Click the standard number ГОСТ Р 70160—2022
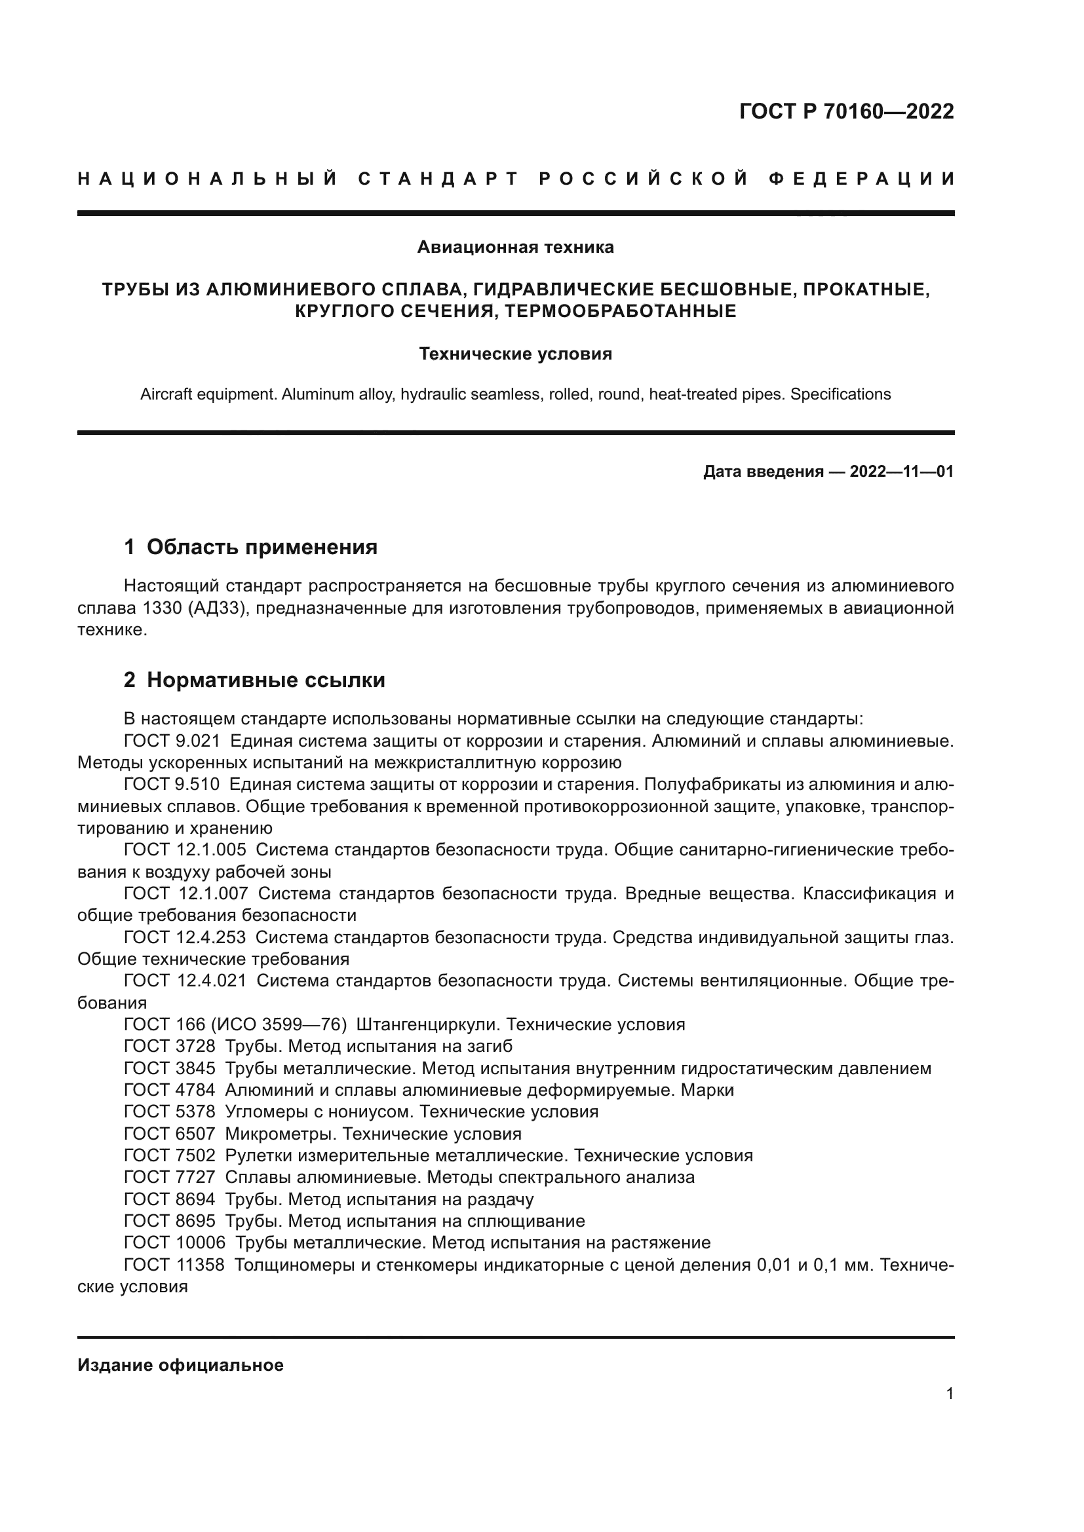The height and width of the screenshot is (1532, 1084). tap(845, 111)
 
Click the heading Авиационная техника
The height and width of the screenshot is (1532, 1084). tap(514, 248)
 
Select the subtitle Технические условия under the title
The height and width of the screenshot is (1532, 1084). tap(514, 354)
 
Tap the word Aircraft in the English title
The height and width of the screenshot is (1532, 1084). tap(167, 394)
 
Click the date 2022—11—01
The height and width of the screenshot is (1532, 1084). tap(901, 472)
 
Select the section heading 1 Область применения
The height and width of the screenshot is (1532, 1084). tap(250, 547)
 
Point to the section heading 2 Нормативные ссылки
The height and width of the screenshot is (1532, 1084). tap(254, 680)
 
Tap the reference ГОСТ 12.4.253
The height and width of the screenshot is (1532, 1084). tap(185, 937)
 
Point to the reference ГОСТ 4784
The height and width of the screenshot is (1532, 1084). tap(170, 1091)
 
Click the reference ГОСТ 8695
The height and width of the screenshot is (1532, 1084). tap(170, 1222)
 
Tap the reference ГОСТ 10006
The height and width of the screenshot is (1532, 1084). tap(175, 1243)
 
